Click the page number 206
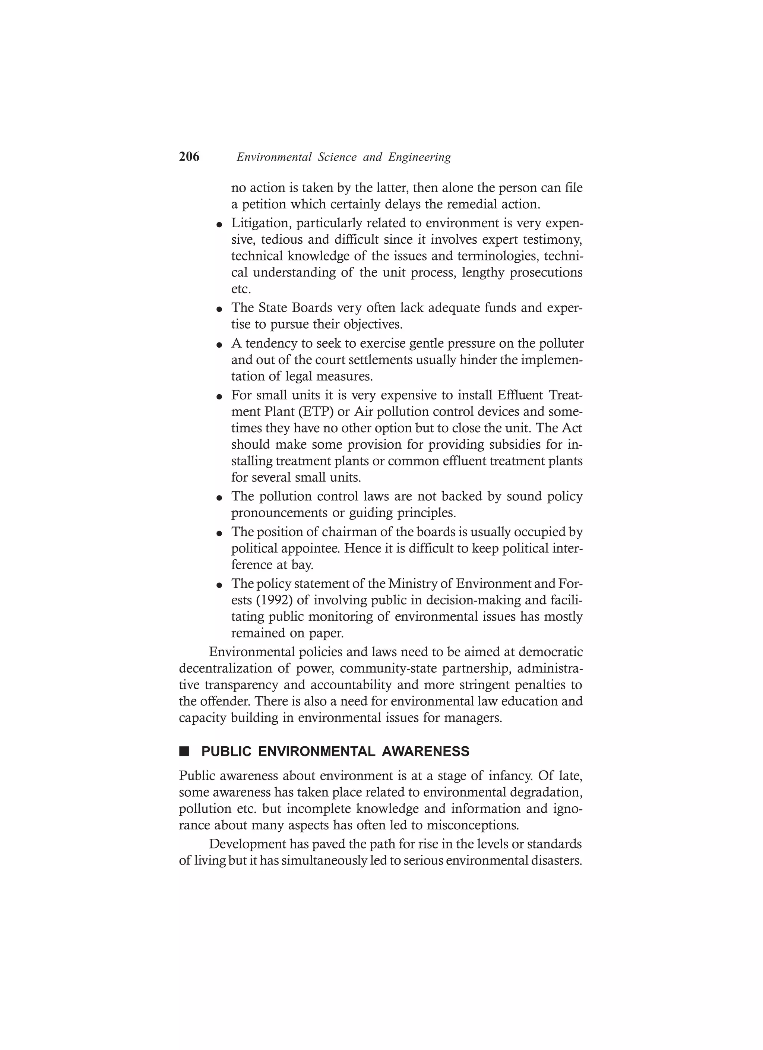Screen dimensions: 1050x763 click(x=189, y=157)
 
